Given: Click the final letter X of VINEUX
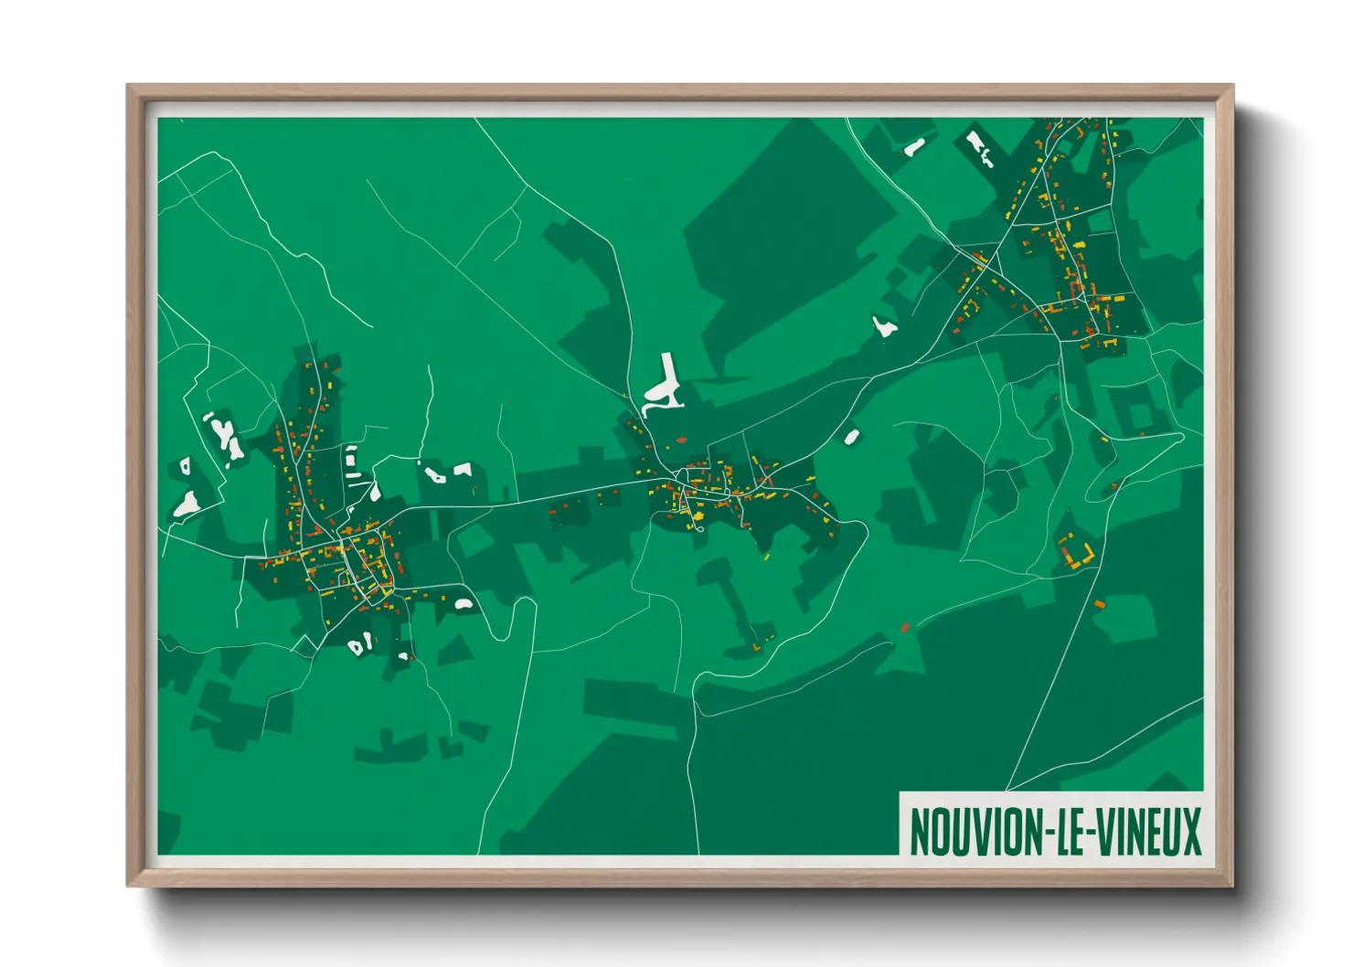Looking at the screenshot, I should pyautogui.click(x=1191, y=831).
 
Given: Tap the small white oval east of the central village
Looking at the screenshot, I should pyautogui.click(x=851, y=437).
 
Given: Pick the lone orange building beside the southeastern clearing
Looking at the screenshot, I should pyautogui.click(x=1099, y=604).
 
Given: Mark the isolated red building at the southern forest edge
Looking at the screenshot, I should pyautogui.click(x=905, y=627).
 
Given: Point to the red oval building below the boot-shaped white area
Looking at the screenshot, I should pyautogui.click(x=680, y=441).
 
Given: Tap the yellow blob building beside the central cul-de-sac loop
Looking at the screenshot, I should pyautogui.click(x=699, y=517).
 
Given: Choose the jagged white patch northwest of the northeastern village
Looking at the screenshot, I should pyautogui.click(x=977, y=146).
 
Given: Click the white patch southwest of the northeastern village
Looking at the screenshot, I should pyautogui.click(x=883, y=326).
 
